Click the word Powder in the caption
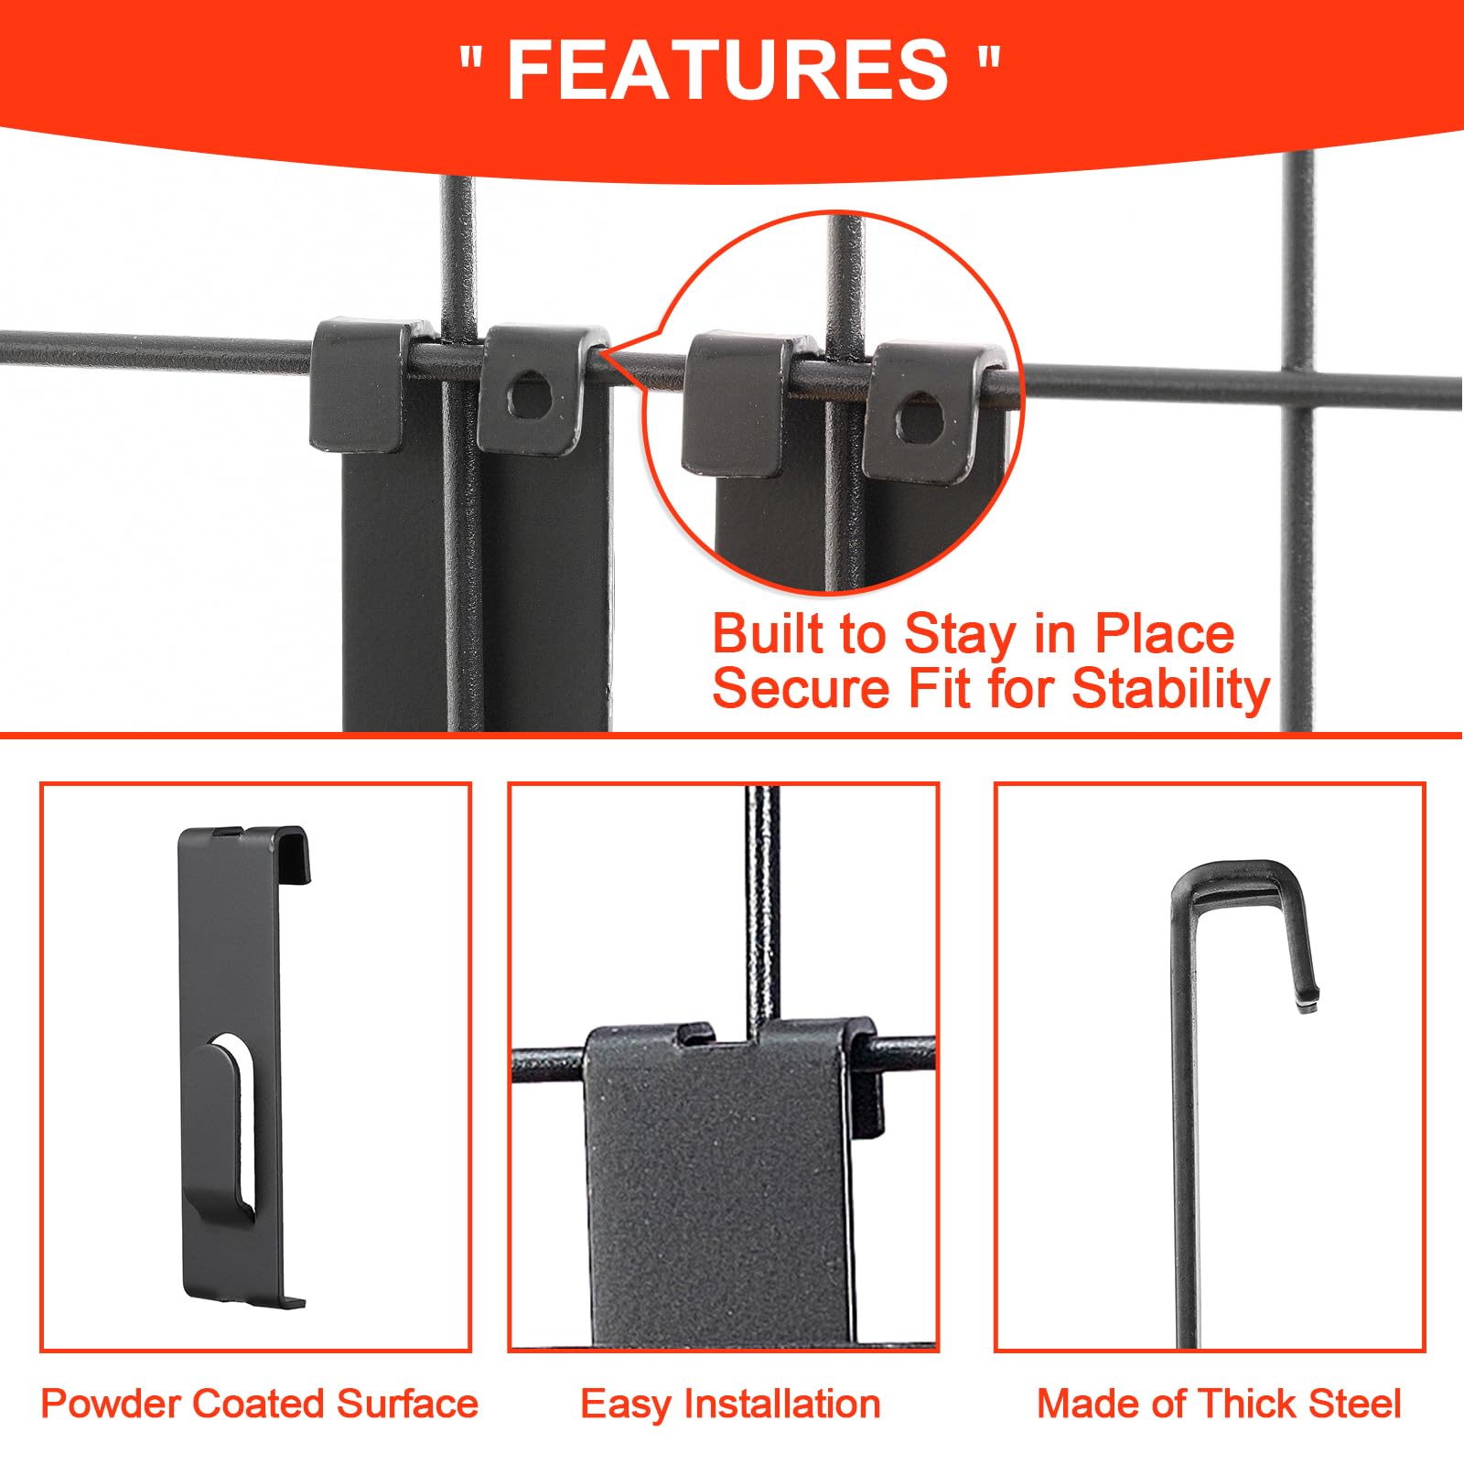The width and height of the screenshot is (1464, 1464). point(111,1404)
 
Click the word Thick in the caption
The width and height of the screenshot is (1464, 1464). point(1243,1404)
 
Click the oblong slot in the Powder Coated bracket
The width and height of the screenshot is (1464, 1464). point(242,1125)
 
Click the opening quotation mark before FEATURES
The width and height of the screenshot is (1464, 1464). point(471,62)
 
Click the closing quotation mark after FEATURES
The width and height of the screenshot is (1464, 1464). point(988,62)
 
